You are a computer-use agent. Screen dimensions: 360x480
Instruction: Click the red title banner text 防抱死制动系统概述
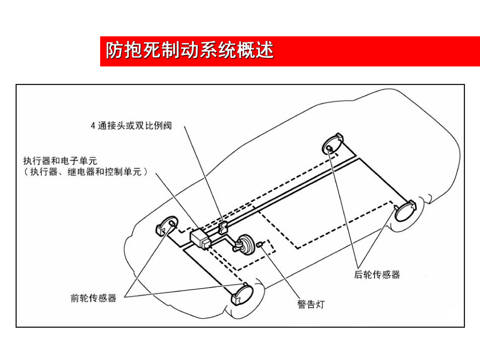pos(189,51)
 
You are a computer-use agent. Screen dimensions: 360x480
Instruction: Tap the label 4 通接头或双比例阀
pos(131,126)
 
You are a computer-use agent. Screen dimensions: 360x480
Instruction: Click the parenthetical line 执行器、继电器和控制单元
pos(86,171)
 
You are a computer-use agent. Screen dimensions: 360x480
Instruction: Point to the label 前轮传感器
pos(93,298)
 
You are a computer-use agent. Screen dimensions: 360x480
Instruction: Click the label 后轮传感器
pos(377,274)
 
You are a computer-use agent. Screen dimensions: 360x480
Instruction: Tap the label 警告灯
pos(310,304)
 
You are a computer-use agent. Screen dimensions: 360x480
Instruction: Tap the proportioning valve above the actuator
pos(222,227)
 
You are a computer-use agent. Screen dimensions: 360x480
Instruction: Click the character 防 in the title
pos(115,51)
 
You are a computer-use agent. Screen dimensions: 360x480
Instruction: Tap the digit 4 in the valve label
pos(93,126)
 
